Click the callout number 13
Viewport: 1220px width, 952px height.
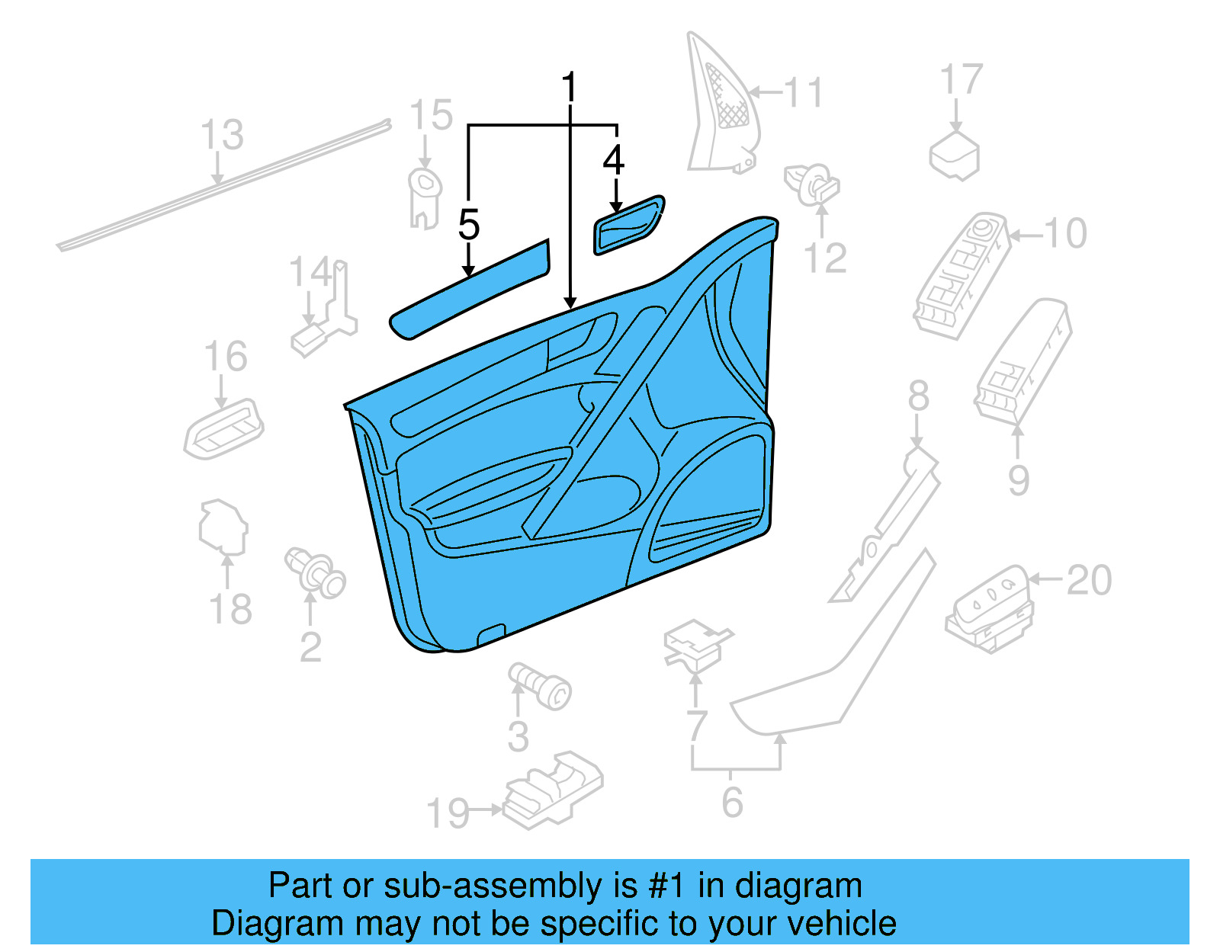[x=222, y=135]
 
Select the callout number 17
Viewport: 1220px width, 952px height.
[x=961, y=80]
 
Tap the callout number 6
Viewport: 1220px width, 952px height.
[x=732, y=802]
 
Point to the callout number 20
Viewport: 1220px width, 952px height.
[x=1089, y=581]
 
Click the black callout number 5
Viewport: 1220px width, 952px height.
[x=469, y=225]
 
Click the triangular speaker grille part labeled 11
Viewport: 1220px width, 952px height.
[x=721, y=107]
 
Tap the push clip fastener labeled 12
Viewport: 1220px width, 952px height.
[x=812, y=183]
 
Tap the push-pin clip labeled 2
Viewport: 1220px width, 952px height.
[x=316, y=572]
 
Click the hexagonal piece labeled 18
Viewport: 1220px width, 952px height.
[x=223, y=526]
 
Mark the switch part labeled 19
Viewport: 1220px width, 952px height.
[x=553, y=789]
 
